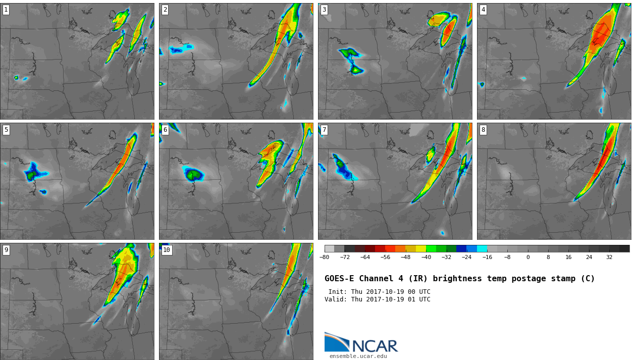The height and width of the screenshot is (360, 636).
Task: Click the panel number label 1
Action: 6,10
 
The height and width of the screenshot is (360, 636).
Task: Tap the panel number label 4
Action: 483,10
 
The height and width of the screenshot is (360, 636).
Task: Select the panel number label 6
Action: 165,130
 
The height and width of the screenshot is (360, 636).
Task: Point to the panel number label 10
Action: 167,250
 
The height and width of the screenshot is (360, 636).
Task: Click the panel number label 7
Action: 324,130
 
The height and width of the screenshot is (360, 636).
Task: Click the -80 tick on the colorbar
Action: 324,257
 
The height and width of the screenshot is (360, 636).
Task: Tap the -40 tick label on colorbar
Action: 426,257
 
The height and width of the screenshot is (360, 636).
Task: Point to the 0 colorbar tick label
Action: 528,257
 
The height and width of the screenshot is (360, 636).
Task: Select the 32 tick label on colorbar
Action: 609,257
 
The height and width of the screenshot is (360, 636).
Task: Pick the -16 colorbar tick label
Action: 487,257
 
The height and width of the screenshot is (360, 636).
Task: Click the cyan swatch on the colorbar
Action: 482,249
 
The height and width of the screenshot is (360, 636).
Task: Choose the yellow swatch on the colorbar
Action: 421,249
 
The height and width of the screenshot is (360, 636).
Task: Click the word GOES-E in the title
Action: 339,278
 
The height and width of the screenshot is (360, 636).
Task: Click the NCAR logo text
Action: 375,346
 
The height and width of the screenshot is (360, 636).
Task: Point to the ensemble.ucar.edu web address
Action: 358,356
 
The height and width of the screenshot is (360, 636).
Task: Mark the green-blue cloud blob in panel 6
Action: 194,174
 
